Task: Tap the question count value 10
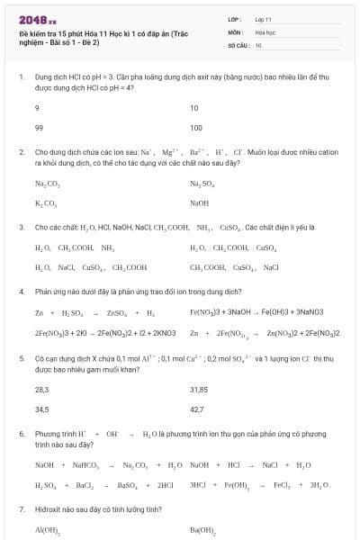[x=258, y=44]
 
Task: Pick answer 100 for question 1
[x=196, y=127]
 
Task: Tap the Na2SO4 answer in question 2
[x=202, y=184]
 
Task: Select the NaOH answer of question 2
[x=199, y=203]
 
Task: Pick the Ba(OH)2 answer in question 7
[x=202, y=530]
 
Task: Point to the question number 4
[x=21, y=292]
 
